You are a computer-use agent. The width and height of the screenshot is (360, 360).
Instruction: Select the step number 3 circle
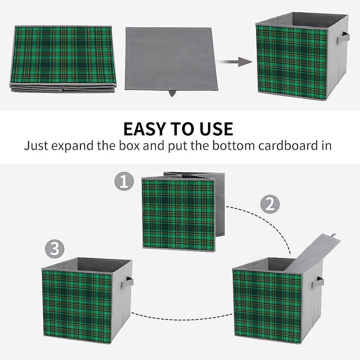pos(55,249)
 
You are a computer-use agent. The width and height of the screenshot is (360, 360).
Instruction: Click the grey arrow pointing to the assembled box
pos(235,62)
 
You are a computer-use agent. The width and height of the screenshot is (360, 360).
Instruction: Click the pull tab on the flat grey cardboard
pos(171,94)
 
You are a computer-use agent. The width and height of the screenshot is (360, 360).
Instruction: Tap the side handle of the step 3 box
pos(129,282)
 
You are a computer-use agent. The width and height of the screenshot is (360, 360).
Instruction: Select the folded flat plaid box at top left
pos(64,58)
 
